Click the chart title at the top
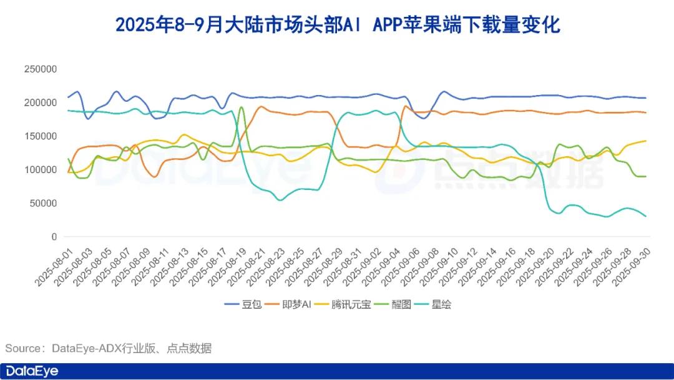[338, 26]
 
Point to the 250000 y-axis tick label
[41, 69]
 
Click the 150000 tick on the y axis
[41, 136]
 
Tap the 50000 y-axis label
[43, 204]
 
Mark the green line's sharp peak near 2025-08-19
[242, 107]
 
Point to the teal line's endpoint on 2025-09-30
[645, 216]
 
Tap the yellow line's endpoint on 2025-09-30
[645, 141]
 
